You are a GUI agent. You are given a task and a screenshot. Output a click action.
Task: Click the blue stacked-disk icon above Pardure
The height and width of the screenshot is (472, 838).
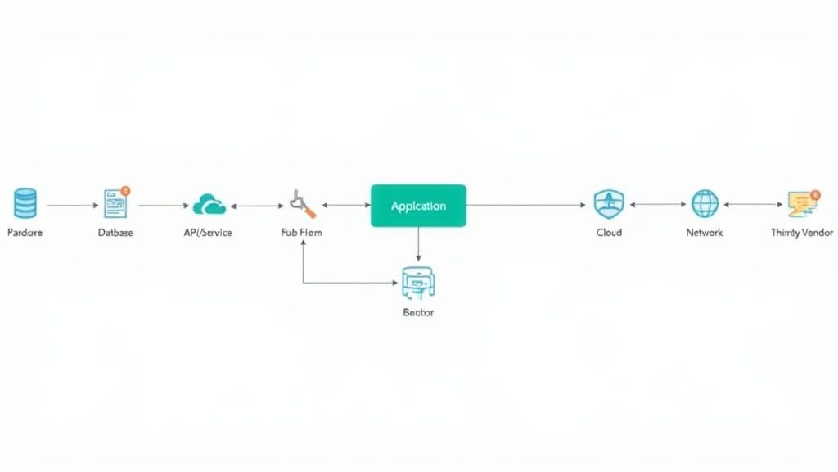(25, 203)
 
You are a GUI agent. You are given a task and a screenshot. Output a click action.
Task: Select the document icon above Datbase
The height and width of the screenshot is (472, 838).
(115, 204)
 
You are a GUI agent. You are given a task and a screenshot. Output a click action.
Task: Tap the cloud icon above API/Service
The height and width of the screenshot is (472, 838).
(209, 204)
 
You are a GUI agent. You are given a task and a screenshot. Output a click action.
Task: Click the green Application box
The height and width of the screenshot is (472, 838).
(418, 206)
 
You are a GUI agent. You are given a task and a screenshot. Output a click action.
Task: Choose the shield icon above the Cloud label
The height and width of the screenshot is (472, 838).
(609, 203)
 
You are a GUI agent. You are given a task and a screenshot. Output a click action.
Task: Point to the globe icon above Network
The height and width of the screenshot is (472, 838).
(705, 203)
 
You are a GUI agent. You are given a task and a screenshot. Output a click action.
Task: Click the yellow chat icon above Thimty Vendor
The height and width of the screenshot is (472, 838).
(801, 203)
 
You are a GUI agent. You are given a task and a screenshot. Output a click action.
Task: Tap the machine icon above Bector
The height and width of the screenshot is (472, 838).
(417, 284)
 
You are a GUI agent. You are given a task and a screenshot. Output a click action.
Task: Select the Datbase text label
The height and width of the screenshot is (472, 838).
(115, 233)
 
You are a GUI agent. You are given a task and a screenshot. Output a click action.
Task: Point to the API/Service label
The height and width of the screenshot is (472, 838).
(208, 233)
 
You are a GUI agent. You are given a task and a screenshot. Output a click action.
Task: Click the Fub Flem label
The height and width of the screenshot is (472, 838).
(301, 233)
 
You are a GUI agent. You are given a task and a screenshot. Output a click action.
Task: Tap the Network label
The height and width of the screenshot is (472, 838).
(705, 233)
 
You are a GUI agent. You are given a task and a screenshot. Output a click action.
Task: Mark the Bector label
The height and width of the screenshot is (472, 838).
(418, 312)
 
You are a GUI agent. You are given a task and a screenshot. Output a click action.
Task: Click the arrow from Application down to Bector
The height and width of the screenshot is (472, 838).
(418, 245)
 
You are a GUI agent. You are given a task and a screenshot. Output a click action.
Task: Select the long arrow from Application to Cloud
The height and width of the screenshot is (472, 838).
(527, 205)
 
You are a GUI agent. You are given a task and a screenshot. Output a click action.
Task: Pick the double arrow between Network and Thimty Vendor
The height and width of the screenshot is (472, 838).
(753, 205)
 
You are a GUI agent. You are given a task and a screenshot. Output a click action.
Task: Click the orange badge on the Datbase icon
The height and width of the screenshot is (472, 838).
(125, 191)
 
